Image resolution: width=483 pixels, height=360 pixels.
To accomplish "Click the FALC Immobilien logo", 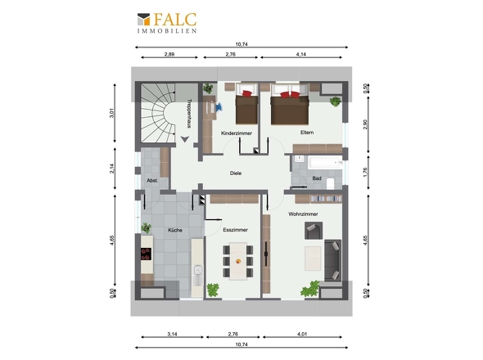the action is pos(167,22).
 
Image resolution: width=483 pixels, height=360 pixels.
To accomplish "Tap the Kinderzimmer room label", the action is pos(237,133).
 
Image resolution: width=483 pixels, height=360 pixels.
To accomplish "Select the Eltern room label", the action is pos(307,133).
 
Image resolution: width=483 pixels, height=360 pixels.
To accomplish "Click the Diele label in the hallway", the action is pos(236,173).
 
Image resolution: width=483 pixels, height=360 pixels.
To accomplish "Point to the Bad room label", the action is pos(317,178).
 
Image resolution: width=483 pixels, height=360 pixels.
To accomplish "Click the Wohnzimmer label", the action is pos(303,214).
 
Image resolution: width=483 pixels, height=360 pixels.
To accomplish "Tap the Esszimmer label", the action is pos(235,230).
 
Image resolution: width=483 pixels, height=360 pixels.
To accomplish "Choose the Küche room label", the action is pos(175,230).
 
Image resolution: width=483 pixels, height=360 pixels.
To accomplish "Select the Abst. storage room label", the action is pos(152,181).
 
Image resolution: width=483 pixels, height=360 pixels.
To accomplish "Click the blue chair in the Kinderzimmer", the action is pos(219,107).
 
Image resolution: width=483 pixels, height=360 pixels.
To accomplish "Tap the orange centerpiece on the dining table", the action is pos(237,262).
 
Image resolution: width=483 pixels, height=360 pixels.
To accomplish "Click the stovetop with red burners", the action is pos(146,254).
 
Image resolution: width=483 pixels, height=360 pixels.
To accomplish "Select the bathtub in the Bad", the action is pos(325,162).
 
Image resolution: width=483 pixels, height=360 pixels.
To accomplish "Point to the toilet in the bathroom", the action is pos(330,183).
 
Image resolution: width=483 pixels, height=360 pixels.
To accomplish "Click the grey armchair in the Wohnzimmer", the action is pos(314,231).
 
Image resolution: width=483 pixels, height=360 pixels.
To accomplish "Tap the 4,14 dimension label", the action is pos(301,54).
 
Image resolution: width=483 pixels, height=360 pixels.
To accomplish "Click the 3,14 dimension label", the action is pos(172,334).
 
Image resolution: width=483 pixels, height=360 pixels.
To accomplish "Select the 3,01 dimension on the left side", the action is pos(112,113).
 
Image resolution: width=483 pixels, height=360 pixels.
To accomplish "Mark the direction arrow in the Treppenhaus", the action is pos(184,140).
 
